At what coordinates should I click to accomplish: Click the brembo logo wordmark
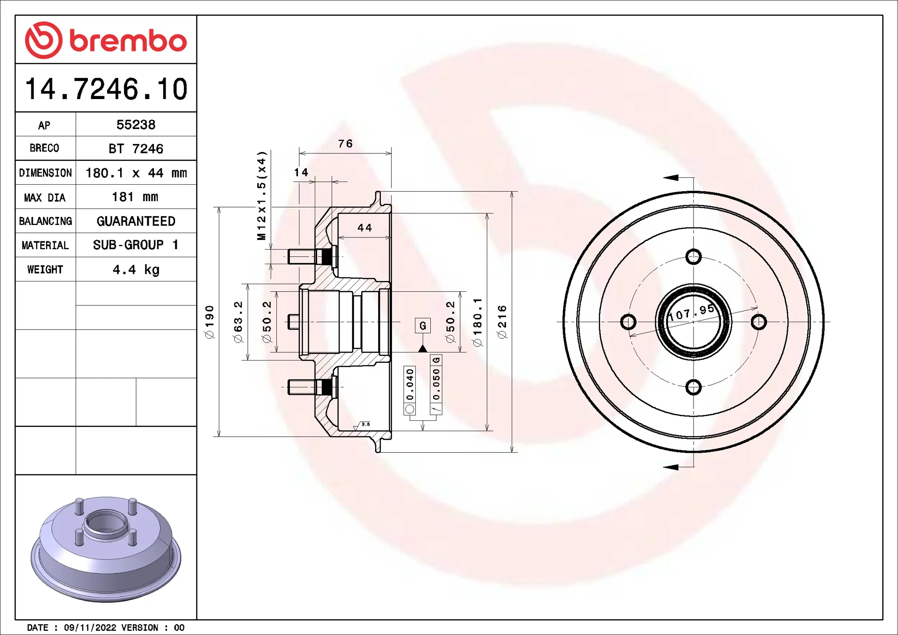click(x=128, y=41)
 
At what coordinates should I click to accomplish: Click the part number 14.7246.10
click(x=106, y=89)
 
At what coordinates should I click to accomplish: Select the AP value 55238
click(x=136, y=125)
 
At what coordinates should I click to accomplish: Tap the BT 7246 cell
click(x=136, y=149)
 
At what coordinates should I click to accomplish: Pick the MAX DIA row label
click(x=45, y=198)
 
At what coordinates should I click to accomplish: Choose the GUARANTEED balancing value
click(x=136, y=221)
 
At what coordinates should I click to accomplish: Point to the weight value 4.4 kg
click(x=136, y=270)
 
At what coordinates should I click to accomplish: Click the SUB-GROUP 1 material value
click(x=136, y=245)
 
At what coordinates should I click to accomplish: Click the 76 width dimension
click(x=345, y=144)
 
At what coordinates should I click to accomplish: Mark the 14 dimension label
click(x=301, y=173)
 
